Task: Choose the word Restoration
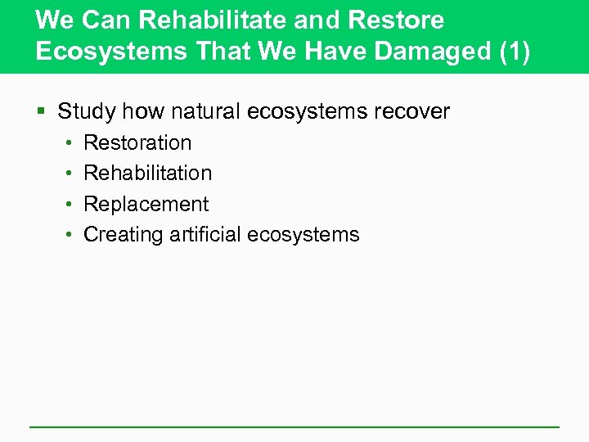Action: [137, 142]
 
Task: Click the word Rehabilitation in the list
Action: [148, 173]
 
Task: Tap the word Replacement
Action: [146, 204]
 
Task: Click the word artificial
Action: [205, 234]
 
